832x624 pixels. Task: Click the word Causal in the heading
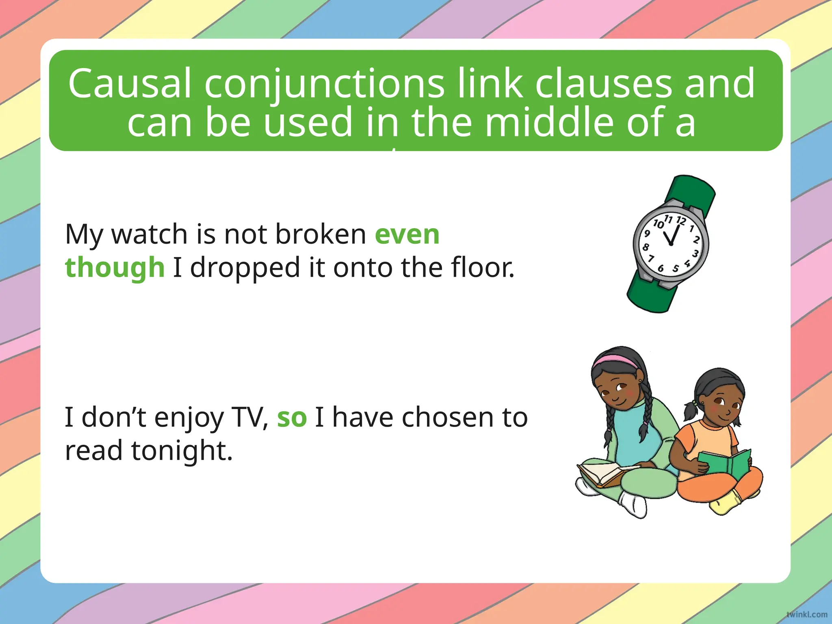point(129,84)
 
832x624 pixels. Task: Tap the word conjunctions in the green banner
point(324,84)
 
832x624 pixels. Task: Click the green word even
point(407,234)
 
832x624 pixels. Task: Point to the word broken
point(321,234)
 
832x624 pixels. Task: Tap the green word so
point(292,418)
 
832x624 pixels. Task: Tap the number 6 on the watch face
point(661,268)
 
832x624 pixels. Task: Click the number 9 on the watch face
point(647,234)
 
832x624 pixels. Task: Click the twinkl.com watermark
point(806,614)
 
